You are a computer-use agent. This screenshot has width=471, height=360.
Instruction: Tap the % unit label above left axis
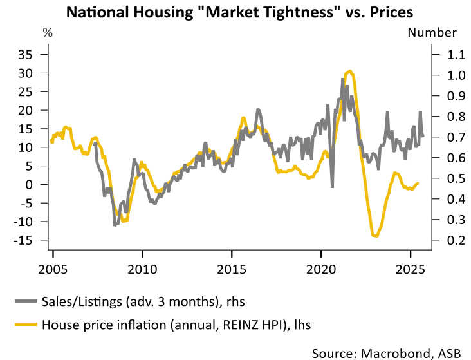47,33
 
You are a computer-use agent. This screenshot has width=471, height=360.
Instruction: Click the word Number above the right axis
432,33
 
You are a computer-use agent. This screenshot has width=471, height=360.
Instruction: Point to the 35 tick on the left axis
24,55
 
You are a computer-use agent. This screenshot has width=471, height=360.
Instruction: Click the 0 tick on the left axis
28,185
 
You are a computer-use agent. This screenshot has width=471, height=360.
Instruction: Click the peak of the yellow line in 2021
349,71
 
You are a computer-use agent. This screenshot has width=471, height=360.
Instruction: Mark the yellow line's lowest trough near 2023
376,236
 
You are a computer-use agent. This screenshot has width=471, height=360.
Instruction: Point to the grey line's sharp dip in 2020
333,187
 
